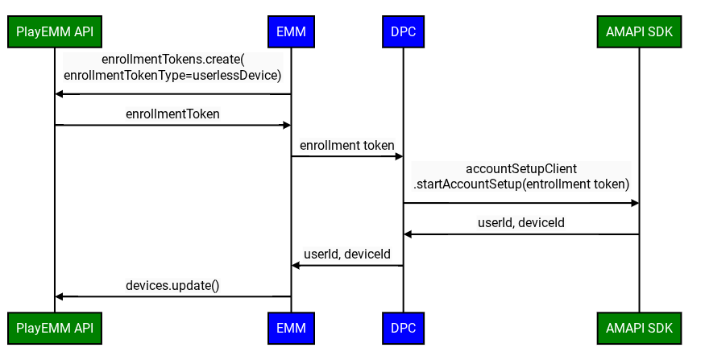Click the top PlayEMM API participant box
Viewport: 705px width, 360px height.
tap(55, 32)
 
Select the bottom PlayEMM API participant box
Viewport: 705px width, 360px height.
tap(55, 329)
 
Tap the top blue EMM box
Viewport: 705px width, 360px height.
tap(291, 32)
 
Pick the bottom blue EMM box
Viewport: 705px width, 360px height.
tap(291, 329)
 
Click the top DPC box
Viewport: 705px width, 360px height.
tap(403, 32)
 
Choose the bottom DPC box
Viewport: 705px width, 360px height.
tap(403, 329)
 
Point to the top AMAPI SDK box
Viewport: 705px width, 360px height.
tap(639, 32)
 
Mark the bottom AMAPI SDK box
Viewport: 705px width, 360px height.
tap(639, 329)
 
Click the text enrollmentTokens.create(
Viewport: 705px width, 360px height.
tap(172, 60)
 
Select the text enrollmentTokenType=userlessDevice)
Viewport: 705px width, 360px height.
tap(172, 76)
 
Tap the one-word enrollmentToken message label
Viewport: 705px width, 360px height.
tap(172, 114)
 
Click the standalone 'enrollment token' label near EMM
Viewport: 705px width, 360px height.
tap(347, 146)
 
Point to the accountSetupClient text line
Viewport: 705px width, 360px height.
tap(521, 169)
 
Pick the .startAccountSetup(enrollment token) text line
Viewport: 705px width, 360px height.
tap(521, 184)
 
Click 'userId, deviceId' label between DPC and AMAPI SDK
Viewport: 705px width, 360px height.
tap(521, 223)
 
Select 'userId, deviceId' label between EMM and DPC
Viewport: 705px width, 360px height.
tap(347, 254)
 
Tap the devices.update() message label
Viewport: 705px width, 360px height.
tap(172, 286)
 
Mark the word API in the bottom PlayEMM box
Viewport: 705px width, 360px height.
tap(83, 329)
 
